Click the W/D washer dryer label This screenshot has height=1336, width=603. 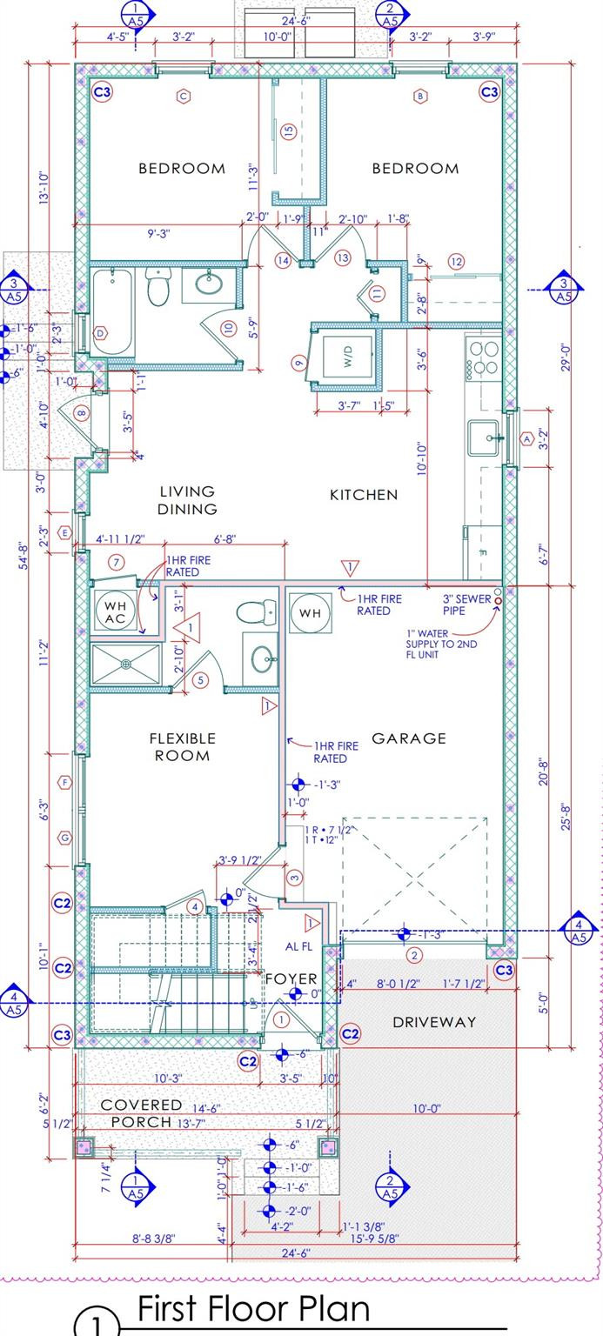pyautogui.click(x=348, y=356)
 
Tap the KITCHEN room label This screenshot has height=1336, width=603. pyautogui.click(x=363, y=495)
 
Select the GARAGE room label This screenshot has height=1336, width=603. pyautogui.click(x=408, y=738)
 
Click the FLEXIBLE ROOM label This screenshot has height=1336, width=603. pyautogui.click(x=183, y=746)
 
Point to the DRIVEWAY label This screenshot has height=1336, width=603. pyautogui.click(x=434, y=1022)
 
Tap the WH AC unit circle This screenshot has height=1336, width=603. pyautogui.click(x=116, y=611)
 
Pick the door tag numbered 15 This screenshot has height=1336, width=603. pyautogui.click(x=289, y=130)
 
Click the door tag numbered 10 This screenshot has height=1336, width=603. pyautogui.click(x=228, y=328)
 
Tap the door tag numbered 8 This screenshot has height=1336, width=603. pyautogui.click(x=82, y=413)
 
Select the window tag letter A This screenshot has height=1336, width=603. pyautogui.click(x=526, y=439)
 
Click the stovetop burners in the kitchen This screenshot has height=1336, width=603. pyautogui.click(x=484, y=357)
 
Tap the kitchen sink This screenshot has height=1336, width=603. pyautogui.click(x=485, y=438)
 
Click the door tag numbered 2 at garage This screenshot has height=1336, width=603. pyautogui.click(x=414, y=956)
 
